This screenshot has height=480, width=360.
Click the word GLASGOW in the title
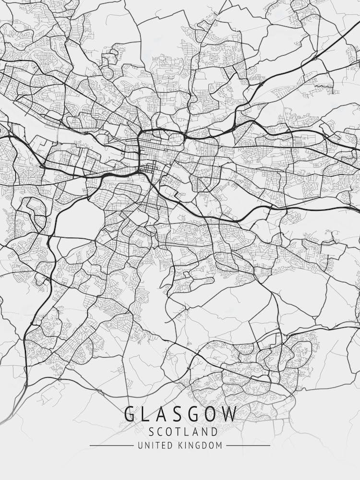(180, 414)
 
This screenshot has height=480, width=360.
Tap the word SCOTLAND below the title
(180, 432)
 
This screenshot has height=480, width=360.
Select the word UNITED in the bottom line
(153, 445)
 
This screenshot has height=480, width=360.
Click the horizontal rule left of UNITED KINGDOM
(111, 445)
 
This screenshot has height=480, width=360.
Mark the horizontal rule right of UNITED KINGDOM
(248, 445)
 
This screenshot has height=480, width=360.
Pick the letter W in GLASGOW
(228, 414)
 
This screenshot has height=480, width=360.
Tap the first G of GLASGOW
(130, 414)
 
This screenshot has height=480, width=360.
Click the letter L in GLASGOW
(145, 414)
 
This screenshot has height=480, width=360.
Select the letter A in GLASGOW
(161, 414)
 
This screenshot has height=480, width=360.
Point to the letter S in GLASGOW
(177, 414)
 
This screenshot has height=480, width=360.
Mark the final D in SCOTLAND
(214, 432)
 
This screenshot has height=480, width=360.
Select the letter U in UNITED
(140, 445)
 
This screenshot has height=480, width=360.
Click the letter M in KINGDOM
(219, 445)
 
